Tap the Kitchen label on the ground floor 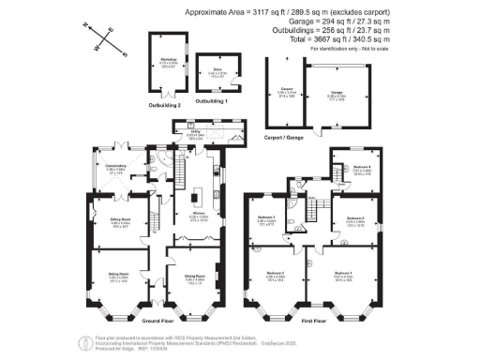[198, 216]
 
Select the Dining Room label [195, 277]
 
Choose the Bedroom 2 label [274, 276]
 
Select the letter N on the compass [85, 28]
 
